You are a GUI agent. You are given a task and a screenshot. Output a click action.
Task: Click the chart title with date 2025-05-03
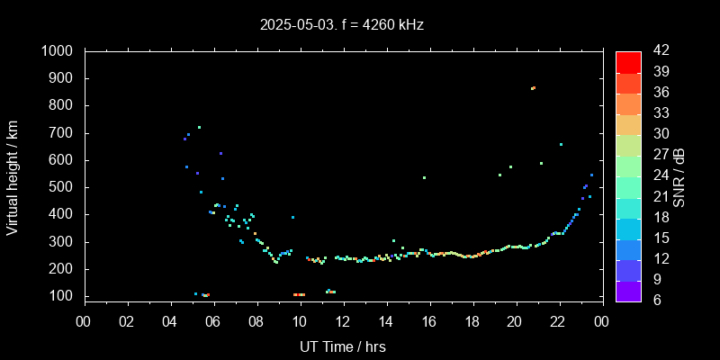click(341, 25)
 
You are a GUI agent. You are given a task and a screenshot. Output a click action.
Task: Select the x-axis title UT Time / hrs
click(342, 346)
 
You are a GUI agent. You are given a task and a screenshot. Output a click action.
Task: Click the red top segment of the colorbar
click(628, 61)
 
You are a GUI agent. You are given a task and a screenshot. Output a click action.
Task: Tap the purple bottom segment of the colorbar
click(628, 290)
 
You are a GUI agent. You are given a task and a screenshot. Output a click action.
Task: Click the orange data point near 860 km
click(533, 88)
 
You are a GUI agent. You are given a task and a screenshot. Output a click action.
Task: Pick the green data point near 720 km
click(199, 127)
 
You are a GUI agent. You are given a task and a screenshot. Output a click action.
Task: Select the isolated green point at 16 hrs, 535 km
click(424, 177)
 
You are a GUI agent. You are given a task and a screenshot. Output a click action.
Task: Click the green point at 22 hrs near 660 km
click(561, 144)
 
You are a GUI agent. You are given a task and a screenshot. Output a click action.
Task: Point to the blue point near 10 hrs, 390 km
click(292, 217)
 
